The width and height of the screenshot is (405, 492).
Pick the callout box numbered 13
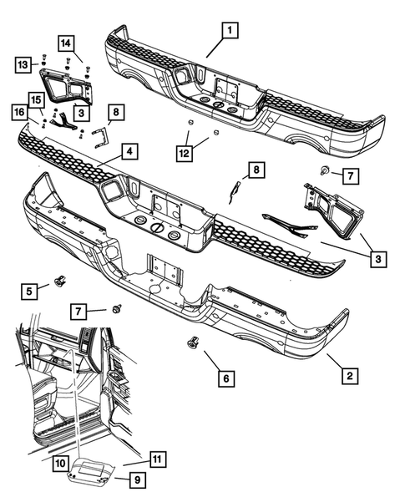click(24, 64)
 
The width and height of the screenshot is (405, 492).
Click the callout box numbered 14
click(66, 43)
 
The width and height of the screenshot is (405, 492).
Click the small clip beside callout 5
click(59, 281)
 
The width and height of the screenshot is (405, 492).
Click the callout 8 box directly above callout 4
click(115, 110)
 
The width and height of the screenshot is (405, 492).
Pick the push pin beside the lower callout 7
click(117, 309)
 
